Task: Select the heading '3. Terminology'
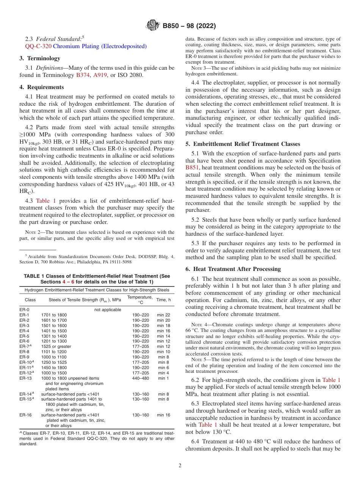click(x=40, y=58)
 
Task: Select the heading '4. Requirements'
click(x=42, y=87)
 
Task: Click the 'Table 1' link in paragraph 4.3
click(x=46, y=201)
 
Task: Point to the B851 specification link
click(x=192, y=167)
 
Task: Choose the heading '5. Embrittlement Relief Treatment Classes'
click(x=243, y=144)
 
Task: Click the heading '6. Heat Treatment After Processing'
click(x=233, y=269)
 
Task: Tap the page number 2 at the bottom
click(x=180, y=466)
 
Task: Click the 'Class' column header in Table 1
click(x=30, y=300)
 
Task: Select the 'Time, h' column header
click(x=164, y=300)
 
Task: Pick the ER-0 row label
click(x=24, y=310)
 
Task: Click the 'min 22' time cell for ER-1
click(x=164, y=315)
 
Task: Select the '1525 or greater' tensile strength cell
click(x=56, y=346)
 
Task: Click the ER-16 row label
click(x=25, y=415)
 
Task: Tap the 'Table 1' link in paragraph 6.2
click(x=331, y=380)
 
